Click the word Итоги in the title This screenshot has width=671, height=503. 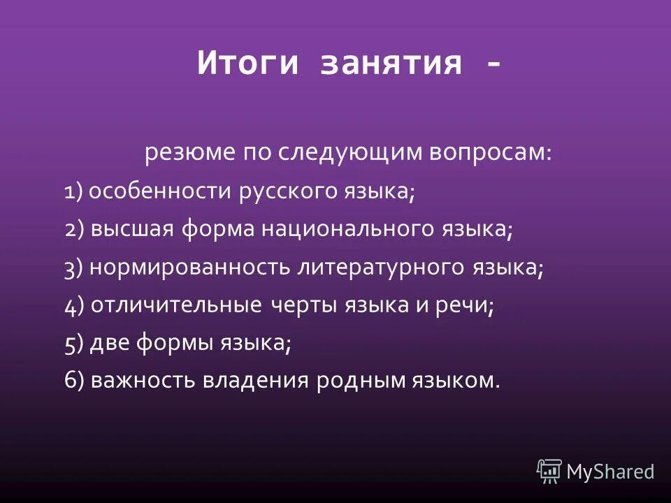coord(249,64)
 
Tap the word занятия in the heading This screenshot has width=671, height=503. coord(391,64)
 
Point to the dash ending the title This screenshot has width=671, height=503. coord(493,64)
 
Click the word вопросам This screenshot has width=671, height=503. coord(493,152)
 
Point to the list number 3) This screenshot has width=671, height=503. coord(73,269)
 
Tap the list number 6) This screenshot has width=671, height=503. coord(73,381)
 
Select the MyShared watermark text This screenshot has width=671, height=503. coord(610,472)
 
